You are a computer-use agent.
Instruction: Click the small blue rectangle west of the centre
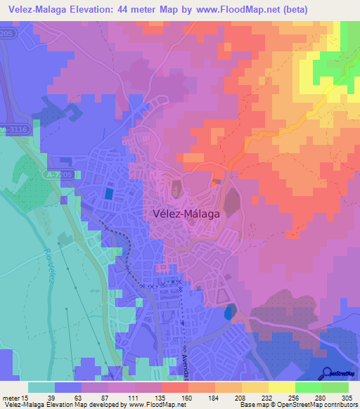pyautogui.click(x=108, y=193)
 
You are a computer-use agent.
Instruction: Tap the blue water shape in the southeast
pyautogui.click(x=227, y=313)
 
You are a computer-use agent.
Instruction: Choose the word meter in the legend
pyautogui.click(x=11, y=397)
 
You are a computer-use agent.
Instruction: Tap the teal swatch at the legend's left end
pyautogui.click(x=41, y=387)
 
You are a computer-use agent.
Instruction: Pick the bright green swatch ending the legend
pyautogui.click(x=335, y=387)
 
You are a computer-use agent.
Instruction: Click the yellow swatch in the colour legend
pyautogui.click(x=281, y=387)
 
